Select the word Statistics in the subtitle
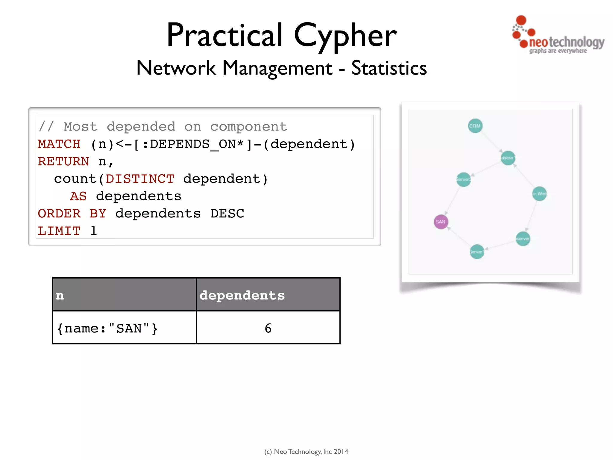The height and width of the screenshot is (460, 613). [389, 68]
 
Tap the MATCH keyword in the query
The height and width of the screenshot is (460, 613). [59, 144]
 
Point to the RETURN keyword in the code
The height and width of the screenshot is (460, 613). [63, 161]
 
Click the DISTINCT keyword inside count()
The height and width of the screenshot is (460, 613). [140, 179]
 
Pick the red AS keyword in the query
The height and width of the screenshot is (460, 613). [78, 196]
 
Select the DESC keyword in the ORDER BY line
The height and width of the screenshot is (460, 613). [227, 214]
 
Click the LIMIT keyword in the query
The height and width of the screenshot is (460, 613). [59, 231]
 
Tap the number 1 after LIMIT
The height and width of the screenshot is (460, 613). [94, 231]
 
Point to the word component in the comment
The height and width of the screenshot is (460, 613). [248, 127]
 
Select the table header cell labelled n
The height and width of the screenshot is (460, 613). [124, 295]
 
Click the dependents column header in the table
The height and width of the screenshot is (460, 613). [268, 295]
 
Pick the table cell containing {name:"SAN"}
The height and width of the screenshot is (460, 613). [124, 328]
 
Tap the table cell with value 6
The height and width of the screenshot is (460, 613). [268, 328]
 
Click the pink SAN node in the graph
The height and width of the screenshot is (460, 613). [441, 222]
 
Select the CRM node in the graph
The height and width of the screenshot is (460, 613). [475, 126]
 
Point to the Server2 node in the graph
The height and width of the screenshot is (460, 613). [463, 179]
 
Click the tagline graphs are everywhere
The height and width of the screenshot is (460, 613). [558, 51]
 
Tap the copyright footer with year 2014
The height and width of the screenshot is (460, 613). [306, 451]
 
